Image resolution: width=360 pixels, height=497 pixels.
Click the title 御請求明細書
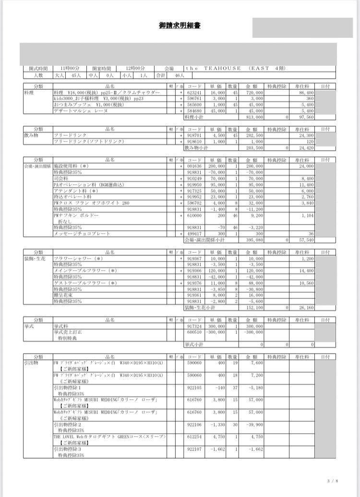[180, 25]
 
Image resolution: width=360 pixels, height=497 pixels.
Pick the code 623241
[195, 92]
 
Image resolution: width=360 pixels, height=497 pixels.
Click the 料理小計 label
[194, 117]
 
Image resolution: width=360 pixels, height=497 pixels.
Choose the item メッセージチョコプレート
[82, 234]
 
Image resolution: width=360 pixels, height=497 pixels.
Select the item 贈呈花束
[63, 296]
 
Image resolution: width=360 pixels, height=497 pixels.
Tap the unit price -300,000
[216, 332]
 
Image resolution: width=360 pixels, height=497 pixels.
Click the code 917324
[195, 326]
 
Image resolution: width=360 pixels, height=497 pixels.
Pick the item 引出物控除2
[67, 424]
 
